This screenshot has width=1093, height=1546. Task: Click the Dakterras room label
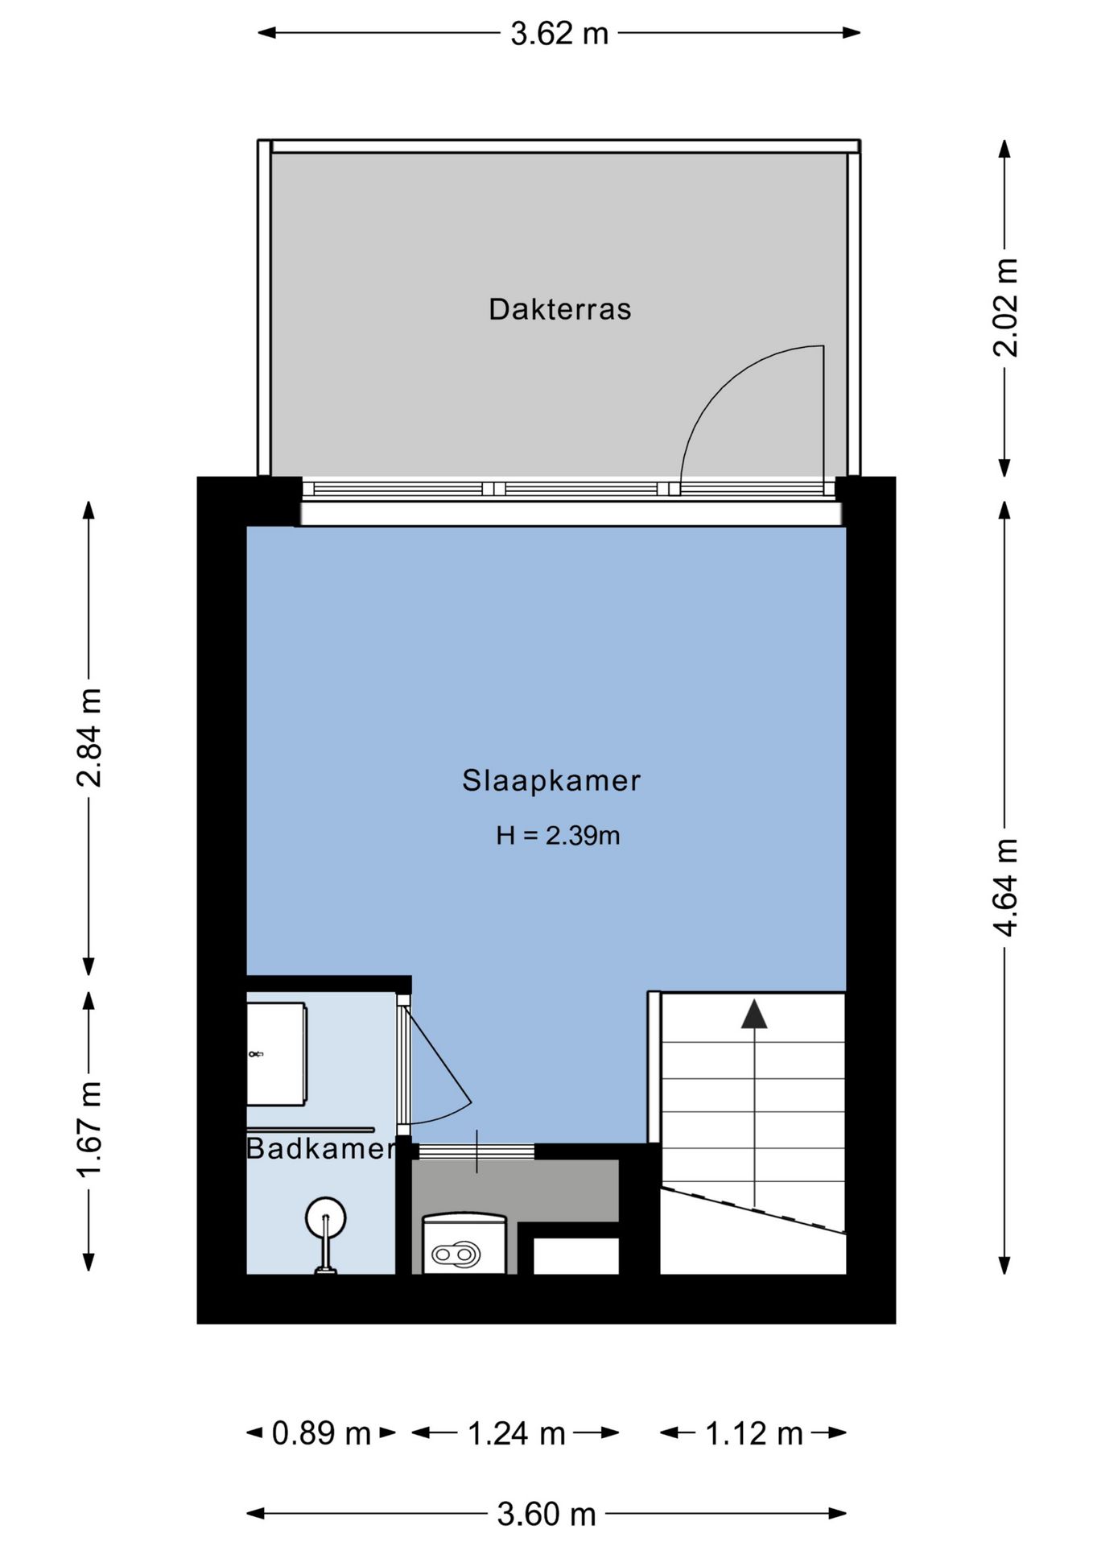[559, 309]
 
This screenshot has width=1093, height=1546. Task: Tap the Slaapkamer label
[551, 780]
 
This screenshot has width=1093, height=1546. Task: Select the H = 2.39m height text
[558, 836]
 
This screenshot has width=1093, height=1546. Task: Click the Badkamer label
[320, 1148]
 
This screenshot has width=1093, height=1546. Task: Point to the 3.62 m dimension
[559, 33]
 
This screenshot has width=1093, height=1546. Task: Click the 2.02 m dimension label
[1006, 308]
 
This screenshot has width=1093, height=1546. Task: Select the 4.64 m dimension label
[1006, 887]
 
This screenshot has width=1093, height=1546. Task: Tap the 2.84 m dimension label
[89, 737]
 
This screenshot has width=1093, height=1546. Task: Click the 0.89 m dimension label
[321, 1433]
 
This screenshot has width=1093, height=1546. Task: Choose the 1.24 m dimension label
[517, 1433]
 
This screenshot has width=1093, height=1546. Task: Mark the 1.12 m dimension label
[754, 1433]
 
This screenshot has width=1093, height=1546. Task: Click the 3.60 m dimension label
[546, 1515]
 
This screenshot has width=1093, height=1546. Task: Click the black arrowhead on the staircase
[754, 1015]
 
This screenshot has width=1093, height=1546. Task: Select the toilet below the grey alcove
[464, 1244]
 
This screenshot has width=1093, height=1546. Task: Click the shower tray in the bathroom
[276, 1054]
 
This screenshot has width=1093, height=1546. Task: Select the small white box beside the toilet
[576, 1256]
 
